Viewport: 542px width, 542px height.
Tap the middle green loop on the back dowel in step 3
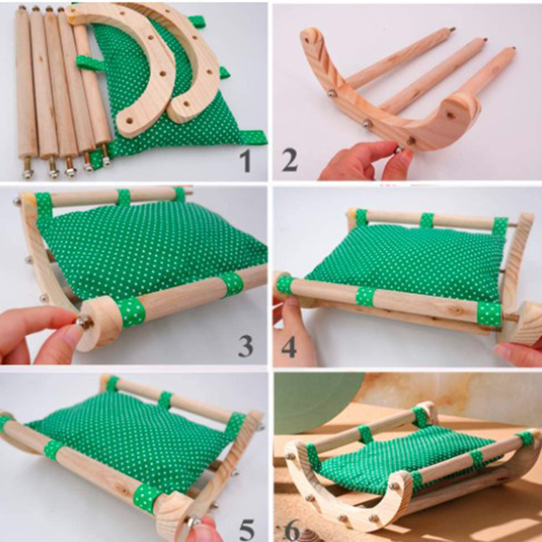pyautogui.click(x=124, y=198)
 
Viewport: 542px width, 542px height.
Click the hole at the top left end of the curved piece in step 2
pyautogui.click(x=306, y=39)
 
